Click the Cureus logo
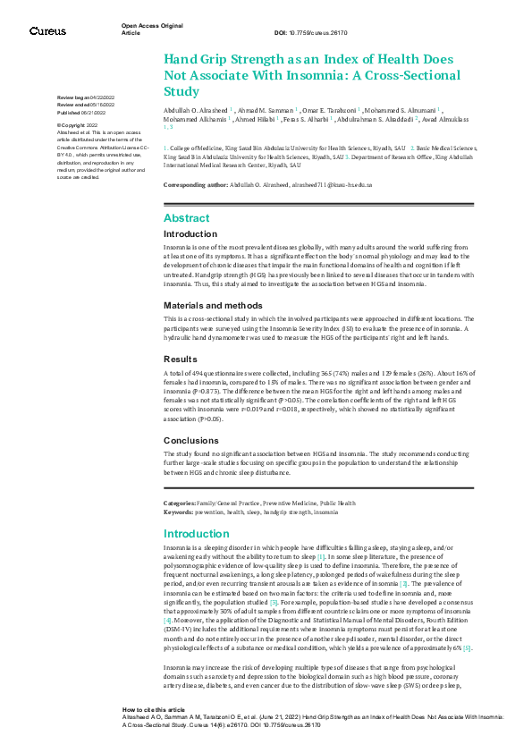[x=47, y=31]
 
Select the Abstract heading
[x=187, y=218]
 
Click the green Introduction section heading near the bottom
[x=197, y=534]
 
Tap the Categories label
[x=182, y=504]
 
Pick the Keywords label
[x=180, y=512]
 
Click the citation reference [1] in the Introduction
[x=321, y=556]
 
